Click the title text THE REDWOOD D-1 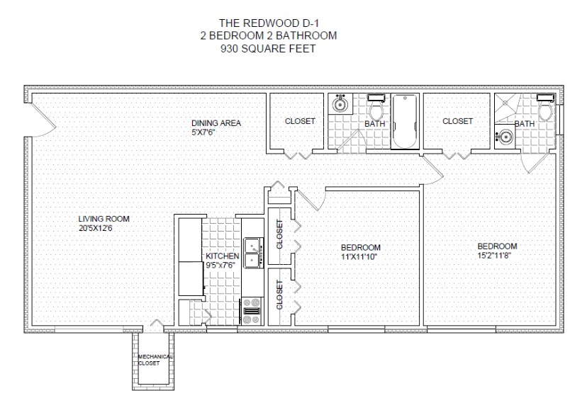point(269,23)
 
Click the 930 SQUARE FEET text point(268,49)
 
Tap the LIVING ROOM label point(104,219)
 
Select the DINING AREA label point(216,123)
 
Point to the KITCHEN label point(223,256)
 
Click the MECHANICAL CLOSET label point(154,360)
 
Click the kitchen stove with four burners point(252,311)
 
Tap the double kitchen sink point(253,253)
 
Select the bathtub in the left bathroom point(405,121)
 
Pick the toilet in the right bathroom point(544,108)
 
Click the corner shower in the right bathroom point(508,108)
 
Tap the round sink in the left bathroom point(340,104)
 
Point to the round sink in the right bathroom point(505,137)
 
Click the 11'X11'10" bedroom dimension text point(359,257)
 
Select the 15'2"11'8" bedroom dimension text point(494,256)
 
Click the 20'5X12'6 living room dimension point(96,228)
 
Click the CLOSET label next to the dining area point(300,121)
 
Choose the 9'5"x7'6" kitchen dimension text point(220,266)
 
